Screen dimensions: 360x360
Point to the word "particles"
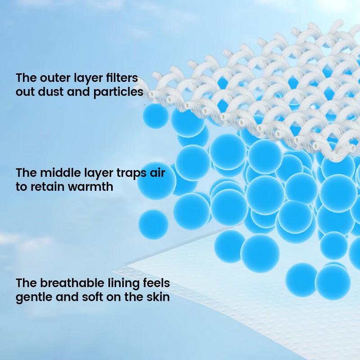click(118, 92)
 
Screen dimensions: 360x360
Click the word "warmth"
click(91, 186)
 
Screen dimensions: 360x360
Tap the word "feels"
click(156, 283)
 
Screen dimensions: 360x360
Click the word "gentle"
click(34, 297)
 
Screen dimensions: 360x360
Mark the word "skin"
click(158, 297)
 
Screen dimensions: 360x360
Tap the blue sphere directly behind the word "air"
click(157, 181)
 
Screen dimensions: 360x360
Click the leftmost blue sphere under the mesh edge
click(156, 116)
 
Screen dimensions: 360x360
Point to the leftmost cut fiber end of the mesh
click(152, 94)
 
